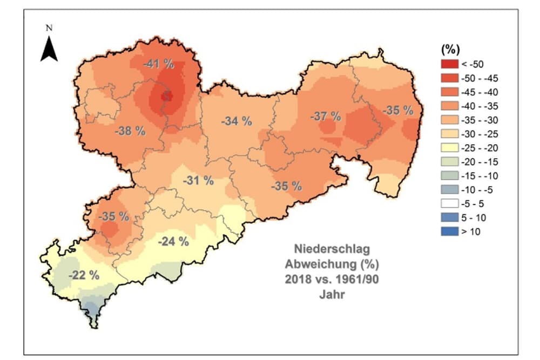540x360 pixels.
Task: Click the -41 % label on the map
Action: click(x=159, y=64)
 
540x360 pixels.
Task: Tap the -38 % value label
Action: click(x=130, y=131)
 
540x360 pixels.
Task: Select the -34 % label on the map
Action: click(x=237, y=121)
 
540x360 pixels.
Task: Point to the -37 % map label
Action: click(x=326, y=116)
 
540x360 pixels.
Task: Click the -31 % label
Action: click(x=198, y=181)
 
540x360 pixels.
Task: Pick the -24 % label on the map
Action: click(x=173, y=241)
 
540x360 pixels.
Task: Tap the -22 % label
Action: click(x=84, y=275)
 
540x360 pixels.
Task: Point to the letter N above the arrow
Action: click(x=49, y=28)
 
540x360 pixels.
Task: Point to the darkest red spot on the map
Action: click(x=167, y=96)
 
